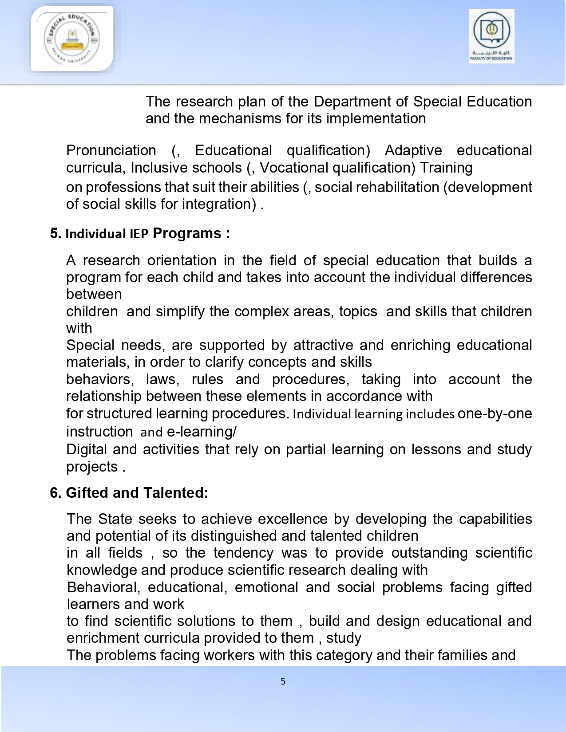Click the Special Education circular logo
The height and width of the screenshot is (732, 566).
[71, 39]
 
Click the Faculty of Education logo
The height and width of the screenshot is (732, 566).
[491, 36]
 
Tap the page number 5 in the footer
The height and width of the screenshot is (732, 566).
[283, 681]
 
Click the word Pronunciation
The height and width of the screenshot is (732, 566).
[111, 151]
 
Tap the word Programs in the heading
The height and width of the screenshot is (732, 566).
[187, 233]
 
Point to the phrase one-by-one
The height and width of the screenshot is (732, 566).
[495, 413]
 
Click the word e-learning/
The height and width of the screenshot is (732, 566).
[202, 432]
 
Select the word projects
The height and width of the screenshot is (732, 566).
[92, 467]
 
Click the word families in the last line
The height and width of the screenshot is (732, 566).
[470, 655]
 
